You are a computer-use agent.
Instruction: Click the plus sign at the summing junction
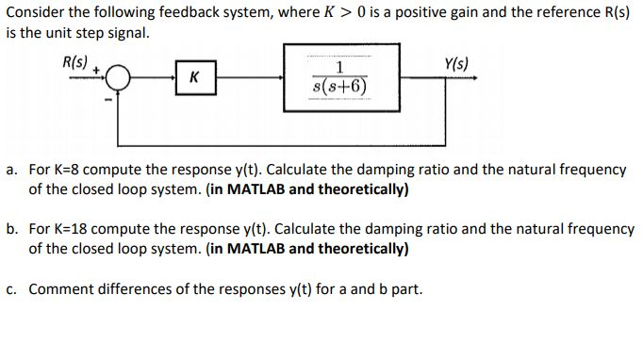[107, 69]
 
